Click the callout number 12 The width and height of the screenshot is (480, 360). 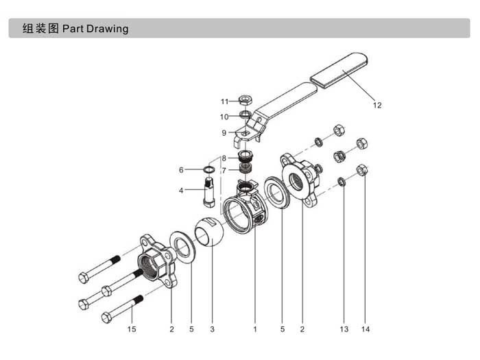coord(377,106)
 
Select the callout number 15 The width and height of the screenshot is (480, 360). coord(132,329)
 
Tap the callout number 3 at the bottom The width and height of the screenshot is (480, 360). coord(213,329)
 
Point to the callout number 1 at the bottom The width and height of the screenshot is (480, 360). coord(255,329)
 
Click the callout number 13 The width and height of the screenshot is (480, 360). coord(344,329)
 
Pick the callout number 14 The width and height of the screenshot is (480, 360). coord(365,329)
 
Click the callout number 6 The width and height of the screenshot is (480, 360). coord(181,170)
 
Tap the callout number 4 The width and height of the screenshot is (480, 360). coord(181,191)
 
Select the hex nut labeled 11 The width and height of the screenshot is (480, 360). coord(245,100)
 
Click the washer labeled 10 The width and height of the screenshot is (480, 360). coord(245,115)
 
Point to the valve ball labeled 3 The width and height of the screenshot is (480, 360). coord(209,232)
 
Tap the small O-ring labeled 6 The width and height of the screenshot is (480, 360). coord(208,169)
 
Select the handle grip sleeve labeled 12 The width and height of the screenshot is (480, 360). coord(339,71)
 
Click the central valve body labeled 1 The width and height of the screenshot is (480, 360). coord(245,208)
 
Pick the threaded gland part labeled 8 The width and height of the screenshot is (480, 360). coord(245,155)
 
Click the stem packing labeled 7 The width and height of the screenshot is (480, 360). coord(245,167)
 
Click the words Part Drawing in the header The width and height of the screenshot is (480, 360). coord(95,29)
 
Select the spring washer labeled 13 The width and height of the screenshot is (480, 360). coord(342,182)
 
